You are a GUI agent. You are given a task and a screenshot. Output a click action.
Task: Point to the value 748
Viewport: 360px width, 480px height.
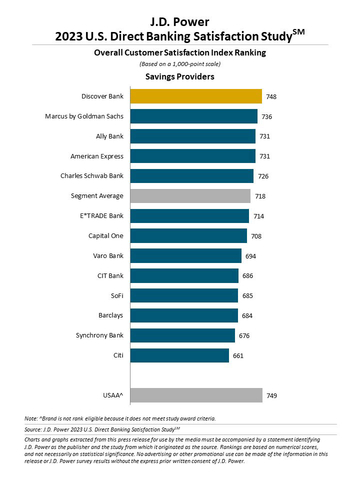point(272,96)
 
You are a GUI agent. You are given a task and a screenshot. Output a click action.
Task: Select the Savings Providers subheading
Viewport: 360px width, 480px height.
point(180,75)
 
